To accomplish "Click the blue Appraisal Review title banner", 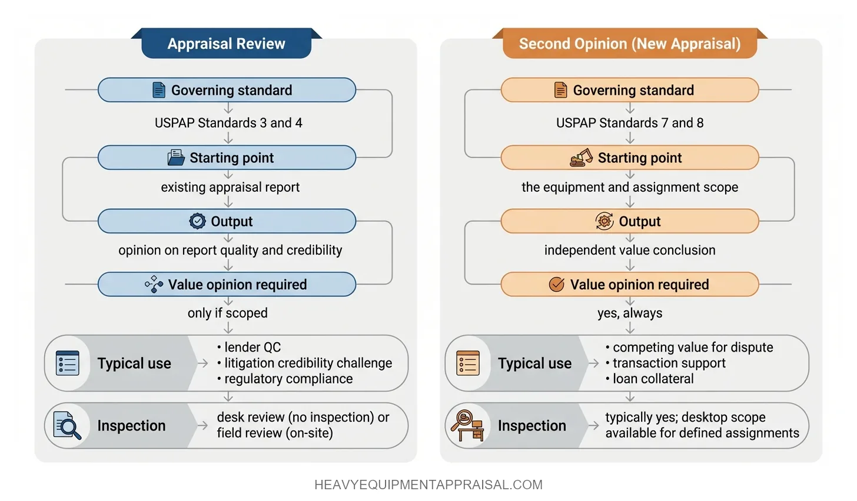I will pos(226,44).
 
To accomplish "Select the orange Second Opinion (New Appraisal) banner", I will pos(629,44).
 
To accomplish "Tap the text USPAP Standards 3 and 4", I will pos(228,123).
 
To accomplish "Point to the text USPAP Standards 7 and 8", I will pos(630,123).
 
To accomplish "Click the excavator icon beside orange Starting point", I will pos(582,158).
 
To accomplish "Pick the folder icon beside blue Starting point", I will pos(176,158).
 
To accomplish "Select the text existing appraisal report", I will pos(230,187).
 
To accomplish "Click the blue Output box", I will pos(227,221).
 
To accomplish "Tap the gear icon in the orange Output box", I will pos(604,221).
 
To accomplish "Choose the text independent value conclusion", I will pos(630,250).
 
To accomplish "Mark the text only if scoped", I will pos(228,313).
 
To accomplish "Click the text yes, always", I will pos(630,313).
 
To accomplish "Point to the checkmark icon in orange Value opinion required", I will pos(556,285).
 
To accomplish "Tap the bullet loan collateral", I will pos(653,379).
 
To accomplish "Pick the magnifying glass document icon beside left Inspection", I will pos(67,425).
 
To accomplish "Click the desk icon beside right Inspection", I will pos(468,425).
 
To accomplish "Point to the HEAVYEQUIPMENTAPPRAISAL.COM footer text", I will pos(428,485).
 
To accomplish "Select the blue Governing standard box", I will pos(227,90).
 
